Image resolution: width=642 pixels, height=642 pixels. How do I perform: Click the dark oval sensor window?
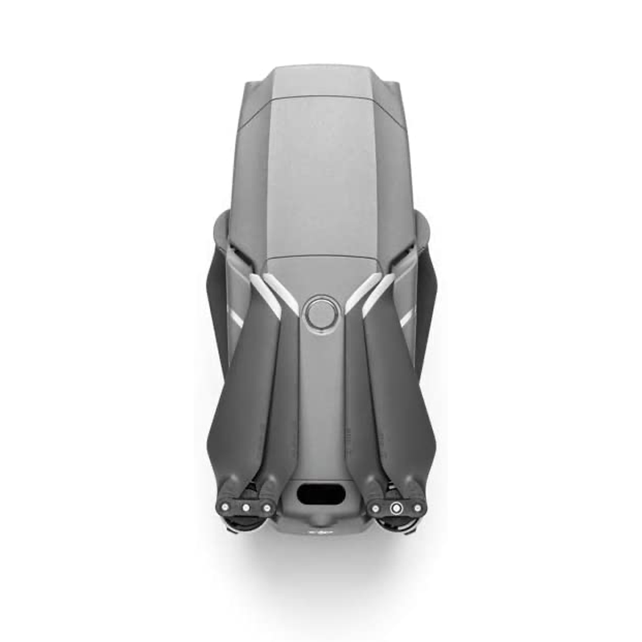point(320,494)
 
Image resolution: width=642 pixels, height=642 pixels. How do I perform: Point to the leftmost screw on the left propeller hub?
point(225,507)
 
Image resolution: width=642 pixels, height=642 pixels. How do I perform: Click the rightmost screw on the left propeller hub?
point(267,508)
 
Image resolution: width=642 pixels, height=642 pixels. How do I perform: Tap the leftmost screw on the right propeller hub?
point(376,508)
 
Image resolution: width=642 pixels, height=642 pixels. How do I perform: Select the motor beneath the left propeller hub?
point(244,523)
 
